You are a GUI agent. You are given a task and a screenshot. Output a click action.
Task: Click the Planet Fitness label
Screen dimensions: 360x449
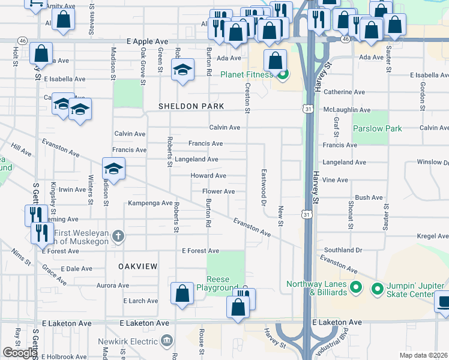pyautogui.click(x=246, y=75)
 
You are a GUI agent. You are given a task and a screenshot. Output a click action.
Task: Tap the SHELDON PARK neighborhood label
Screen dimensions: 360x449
pyautogui.click(x=191, y=106)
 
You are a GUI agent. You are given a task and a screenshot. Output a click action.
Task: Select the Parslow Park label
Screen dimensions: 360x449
pyautogui.click(x=377, y=128)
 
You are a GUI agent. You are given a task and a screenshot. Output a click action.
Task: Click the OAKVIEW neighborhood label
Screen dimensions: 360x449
pyautogui.click(x=137, y=266)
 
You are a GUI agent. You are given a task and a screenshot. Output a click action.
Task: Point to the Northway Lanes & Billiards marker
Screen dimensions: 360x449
pyautogui.click(x=355, y=288)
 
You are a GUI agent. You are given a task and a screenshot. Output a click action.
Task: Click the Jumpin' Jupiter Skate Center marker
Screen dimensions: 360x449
pyautogui.click(x=378, y=289)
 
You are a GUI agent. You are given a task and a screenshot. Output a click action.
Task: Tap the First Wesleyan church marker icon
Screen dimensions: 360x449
pyautogui.click(x=118, y=235)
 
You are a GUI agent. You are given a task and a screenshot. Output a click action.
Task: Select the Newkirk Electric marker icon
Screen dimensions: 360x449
pyautogui.click(x=166, y=341)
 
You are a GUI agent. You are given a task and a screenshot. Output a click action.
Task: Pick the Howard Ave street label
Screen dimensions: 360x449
pyautogui.click(x=208, y=176)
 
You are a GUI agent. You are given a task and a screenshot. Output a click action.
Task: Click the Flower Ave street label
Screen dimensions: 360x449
pyautogui.click(x=218, y=191)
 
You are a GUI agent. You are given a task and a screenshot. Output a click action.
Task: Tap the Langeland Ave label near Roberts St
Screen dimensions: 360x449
pyautogui.click(x=196, y=160)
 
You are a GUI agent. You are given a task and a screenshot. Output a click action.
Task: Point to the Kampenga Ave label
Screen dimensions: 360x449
pyautogui.click(x=150, y=204)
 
